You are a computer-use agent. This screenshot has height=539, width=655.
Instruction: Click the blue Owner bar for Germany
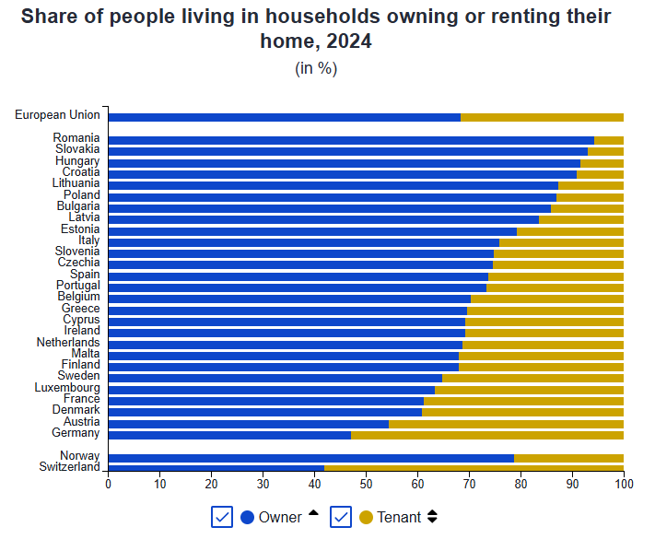pos(229,434)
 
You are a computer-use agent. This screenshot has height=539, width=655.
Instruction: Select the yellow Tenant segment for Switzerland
pos(474,468)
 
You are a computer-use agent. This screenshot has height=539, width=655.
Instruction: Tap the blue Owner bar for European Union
pos(284,117)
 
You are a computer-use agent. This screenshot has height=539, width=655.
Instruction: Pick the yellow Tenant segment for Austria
pos(506,423)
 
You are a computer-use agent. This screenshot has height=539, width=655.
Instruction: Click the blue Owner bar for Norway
pos(310,457)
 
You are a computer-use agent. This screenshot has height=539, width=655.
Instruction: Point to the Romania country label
pos(76,138)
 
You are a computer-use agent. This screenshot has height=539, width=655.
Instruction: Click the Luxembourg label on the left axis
pos(67,388)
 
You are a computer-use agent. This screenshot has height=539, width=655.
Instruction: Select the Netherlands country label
pos(68,343)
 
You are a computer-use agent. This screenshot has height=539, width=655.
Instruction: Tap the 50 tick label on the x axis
pos(367,484)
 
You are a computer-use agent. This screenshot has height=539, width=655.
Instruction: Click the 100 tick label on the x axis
pos(624,484)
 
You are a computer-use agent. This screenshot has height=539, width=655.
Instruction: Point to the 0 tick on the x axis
pos(109,484)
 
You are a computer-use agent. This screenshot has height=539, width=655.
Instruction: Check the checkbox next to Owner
pos(222,517)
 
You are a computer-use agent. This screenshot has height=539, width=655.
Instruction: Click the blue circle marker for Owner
pos(247,517)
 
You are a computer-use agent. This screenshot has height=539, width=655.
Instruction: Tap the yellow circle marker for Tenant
pos(366,517)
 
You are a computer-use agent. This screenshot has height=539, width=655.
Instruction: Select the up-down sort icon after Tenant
pos(432,517)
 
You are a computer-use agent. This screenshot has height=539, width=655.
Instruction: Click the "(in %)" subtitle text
pos(316,68)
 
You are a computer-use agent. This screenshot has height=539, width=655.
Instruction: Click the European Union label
pos(57,115)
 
